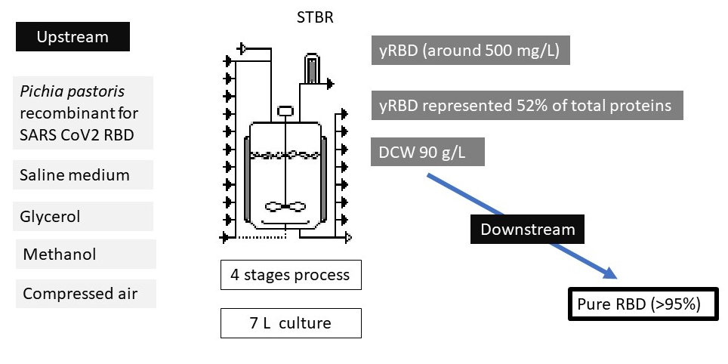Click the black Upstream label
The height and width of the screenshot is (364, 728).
(x=72, y=37)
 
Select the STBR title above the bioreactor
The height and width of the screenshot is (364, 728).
(x=315, y=17)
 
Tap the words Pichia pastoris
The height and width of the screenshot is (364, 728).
(x=72, y=91)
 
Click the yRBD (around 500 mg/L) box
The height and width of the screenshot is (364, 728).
(x=470, y=51)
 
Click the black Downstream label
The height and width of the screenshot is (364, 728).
(x=527, y=230)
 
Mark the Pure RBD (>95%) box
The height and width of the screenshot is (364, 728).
(x=639, y=305)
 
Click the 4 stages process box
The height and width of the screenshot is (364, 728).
(x=291, y=275)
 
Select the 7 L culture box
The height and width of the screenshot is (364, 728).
(x=291, y=324)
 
